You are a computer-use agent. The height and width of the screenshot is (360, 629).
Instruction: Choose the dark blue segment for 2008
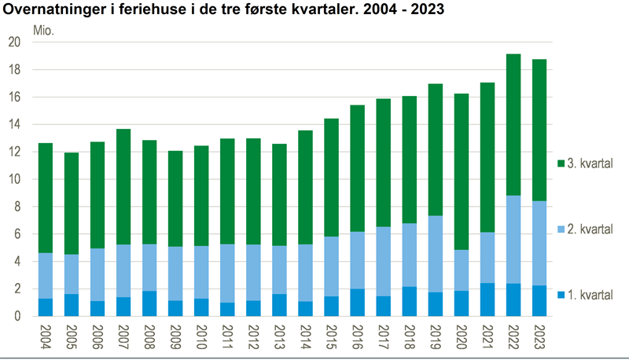[x=149, y=303]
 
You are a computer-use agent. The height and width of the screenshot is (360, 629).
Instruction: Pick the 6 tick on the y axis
[x=18, y=234]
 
